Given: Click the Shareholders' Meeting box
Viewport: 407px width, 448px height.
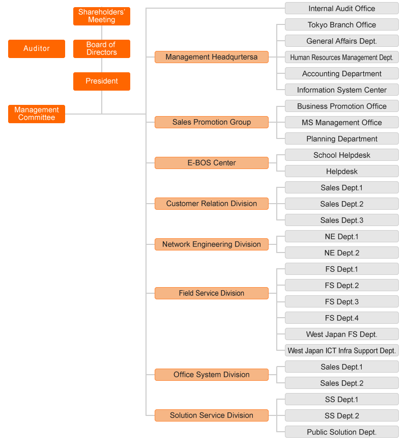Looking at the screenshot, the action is coord(102,16).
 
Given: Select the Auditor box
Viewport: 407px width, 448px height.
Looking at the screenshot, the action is coord(37,49).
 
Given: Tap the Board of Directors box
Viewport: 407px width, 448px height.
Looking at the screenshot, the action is coord(102,49).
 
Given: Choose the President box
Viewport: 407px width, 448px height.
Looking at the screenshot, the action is coord(102,81).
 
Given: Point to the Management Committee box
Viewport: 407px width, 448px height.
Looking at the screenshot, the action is coord(37,114).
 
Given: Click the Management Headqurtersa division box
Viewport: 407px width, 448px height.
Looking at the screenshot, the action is coord(212,57).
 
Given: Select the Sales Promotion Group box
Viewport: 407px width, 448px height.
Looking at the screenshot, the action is coord(212,122).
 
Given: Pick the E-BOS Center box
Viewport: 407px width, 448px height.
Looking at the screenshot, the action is coord(212,163).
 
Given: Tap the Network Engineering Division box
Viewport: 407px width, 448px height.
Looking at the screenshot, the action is coord(212,244).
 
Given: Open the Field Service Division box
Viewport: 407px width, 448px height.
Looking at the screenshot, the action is coord(212,293).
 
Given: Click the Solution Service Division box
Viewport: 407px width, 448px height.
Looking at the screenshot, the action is coord(212,415).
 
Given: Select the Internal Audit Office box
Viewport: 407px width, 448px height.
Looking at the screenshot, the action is coord(342,8).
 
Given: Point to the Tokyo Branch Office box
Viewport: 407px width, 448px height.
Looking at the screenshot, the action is coord(342,24).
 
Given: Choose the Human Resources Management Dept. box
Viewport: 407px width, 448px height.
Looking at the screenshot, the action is coord(342,57).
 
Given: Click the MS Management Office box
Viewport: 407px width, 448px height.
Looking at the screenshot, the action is coord(342,122).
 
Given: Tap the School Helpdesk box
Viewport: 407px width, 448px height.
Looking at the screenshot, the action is coord(342,155).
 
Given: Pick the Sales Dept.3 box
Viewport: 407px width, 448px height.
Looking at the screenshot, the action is coord(342,220).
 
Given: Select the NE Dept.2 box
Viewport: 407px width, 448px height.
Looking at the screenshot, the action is coord(342,253).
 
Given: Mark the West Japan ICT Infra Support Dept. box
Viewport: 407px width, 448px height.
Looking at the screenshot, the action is coord(342,350).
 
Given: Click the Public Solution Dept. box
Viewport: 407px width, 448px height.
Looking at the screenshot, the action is coord(342,432).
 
